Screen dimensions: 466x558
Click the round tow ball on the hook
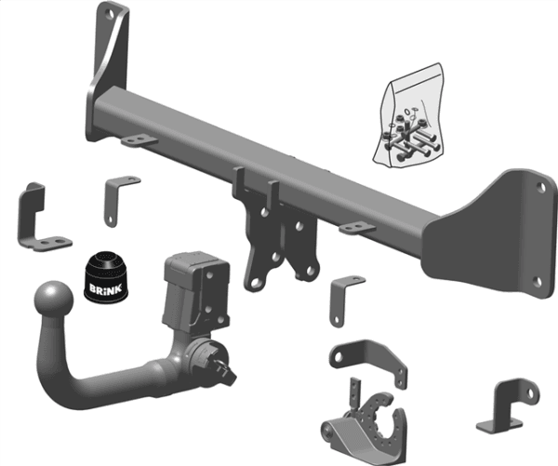[x=53, y=300]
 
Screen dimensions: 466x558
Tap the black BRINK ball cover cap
[x=105, y=276]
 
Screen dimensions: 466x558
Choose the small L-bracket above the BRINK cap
[x=116, y=195]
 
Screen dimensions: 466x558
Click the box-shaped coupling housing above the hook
[x=193, y=288]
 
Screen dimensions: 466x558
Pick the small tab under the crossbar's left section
[x=138, y=140]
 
